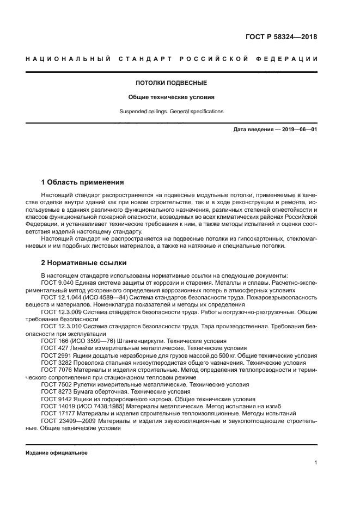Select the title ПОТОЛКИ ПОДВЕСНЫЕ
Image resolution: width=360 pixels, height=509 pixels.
(171, 83)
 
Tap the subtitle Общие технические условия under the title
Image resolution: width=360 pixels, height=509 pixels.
(171, 97)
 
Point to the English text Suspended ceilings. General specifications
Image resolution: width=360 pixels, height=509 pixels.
(171, 112)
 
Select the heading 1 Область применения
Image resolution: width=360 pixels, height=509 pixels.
(83, 182)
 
